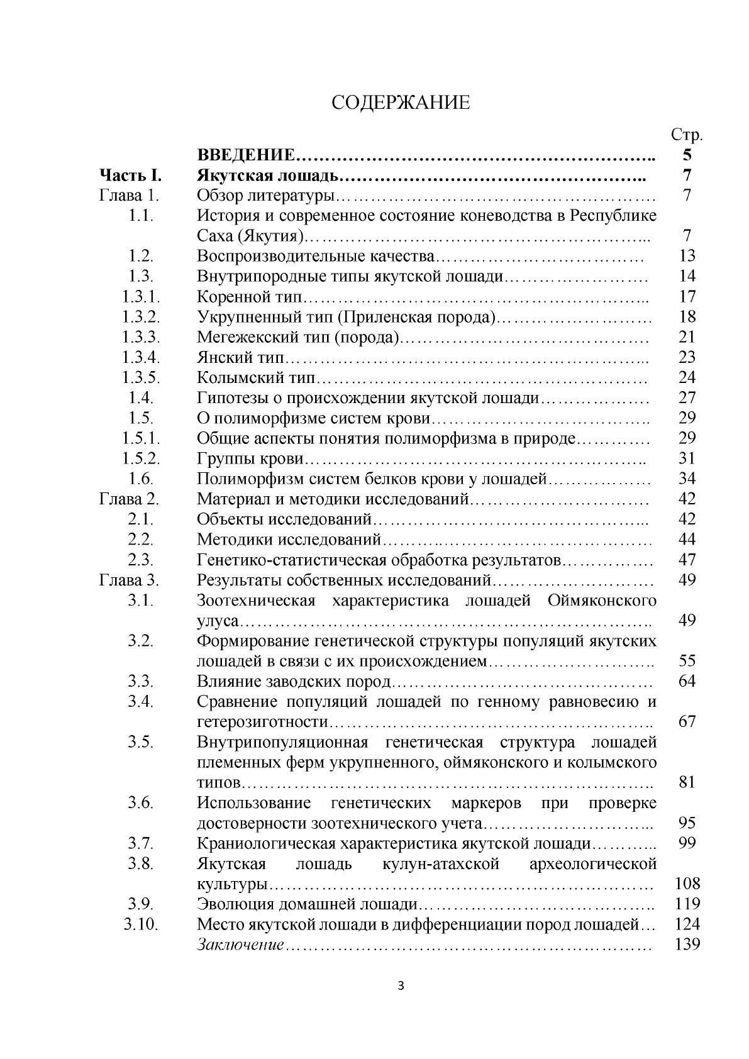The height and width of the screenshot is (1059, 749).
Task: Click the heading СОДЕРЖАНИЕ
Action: coord(401,103)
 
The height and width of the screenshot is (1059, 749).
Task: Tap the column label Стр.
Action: coord(687,135)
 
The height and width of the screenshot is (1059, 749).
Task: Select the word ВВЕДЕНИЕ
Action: coord(246,155)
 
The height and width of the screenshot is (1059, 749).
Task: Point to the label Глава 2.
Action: coord(130,499)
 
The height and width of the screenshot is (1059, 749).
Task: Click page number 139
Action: coord(687,944)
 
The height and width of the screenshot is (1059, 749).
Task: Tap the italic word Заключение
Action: coord(240,945)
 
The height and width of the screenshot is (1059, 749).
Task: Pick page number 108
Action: coord(687,884)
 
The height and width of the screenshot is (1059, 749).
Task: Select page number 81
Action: coord(687,782)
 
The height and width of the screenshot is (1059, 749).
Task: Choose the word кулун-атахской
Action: coord(441,863)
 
